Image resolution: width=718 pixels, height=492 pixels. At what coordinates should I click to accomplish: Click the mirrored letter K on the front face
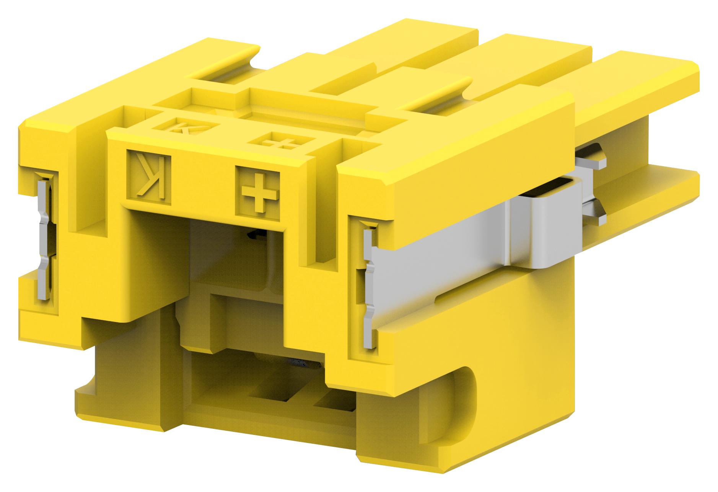[x=150, y=177]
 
